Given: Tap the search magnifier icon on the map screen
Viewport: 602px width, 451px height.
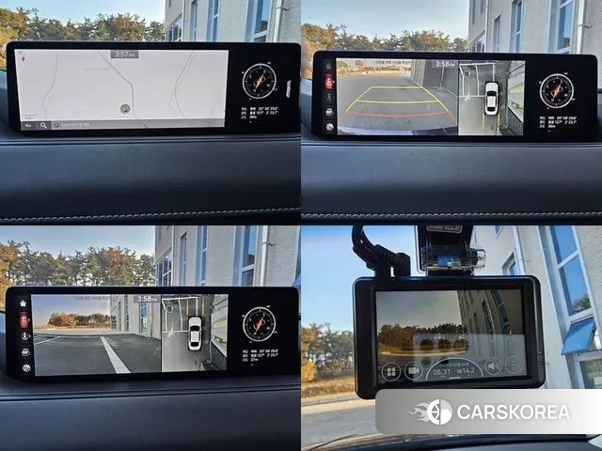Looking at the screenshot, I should pyautogui.click(x=56, y=124).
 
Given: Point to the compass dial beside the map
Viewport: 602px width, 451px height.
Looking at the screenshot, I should pyautogui.click(x=259, y=81).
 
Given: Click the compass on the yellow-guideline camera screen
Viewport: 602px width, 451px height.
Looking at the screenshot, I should pyautogui.click(x=556, y=90).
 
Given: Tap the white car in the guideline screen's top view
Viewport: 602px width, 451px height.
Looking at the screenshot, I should pyautogui.click(x=491, y=98).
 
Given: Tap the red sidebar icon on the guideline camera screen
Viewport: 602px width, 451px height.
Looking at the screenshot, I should pyautogui.click(x=329, y=83).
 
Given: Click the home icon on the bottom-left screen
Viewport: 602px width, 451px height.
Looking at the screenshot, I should pyautogui.click(x=23, y=303).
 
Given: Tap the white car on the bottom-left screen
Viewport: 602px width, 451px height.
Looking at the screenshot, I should pyautogui.click(x=195, y=333).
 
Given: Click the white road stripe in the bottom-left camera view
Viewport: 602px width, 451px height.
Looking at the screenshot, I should pyautogui.click(x=115, y=355).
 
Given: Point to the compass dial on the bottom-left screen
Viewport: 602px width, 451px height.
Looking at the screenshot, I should pyautogui.click(x=259, y=324).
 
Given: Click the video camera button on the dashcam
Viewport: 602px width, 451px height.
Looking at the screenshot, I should pyautogui.click(x=413, y=370).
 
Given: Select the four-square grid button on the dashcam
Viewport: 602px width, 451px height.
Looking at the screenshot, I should pyautogui.click(x=390, y=370).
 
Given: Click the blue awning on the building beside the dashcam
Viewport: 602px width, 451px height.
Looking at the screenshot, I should pyautogui.click(x=578, y=335).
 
